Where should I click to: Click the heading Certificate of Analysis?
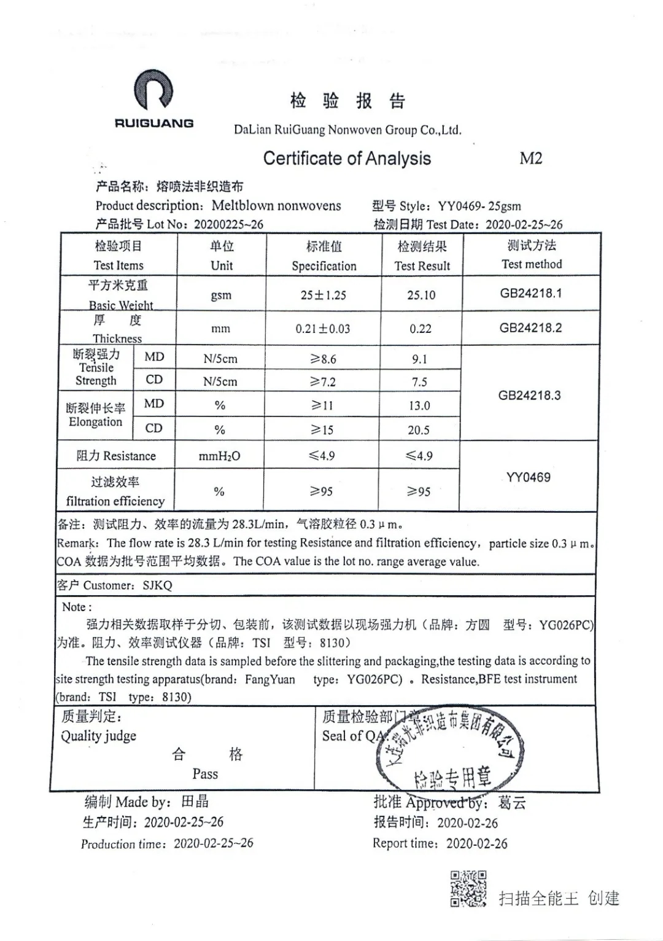pyautogui.click(x=347, y=158)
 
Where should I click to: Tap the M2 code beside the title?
pyautogui.click(x=530, y=158)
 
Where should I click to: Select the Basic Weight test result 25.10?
pyautogui.click(x=421, y=295)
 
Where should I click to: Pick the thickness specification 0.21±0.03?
pyautogui.click(x=323, y=329)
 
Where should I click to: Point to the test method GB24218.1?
pyautogui.click(x=530, y=293)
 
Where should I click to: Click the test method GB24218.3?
pyautogui.click(x=529, y=396)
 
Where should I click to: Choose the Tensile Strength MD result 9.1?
pyautogui.click(x=420, y=359)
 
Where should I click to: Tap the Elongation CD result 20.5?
pyautogui.click(x=419, y=430)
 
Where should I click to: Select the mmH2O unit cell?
pyautogui.click(x=220, y=456)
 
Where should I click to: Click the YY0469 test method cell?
pyautogui.click(x=528, y=477)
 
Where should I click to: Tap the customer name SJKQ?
pyautogui.click(x=158, y=585)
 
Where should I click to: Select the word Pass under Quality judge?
pyautogui.click(x=205, y=774)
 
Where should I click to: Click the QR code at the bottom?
pyautogui.click(x=469, y=889)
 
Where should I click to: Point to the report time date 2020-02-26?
pyautogui.click(x=477, y=844)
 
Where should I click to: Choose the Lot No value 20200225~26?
pyautogui.click(x=228, y=224)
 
